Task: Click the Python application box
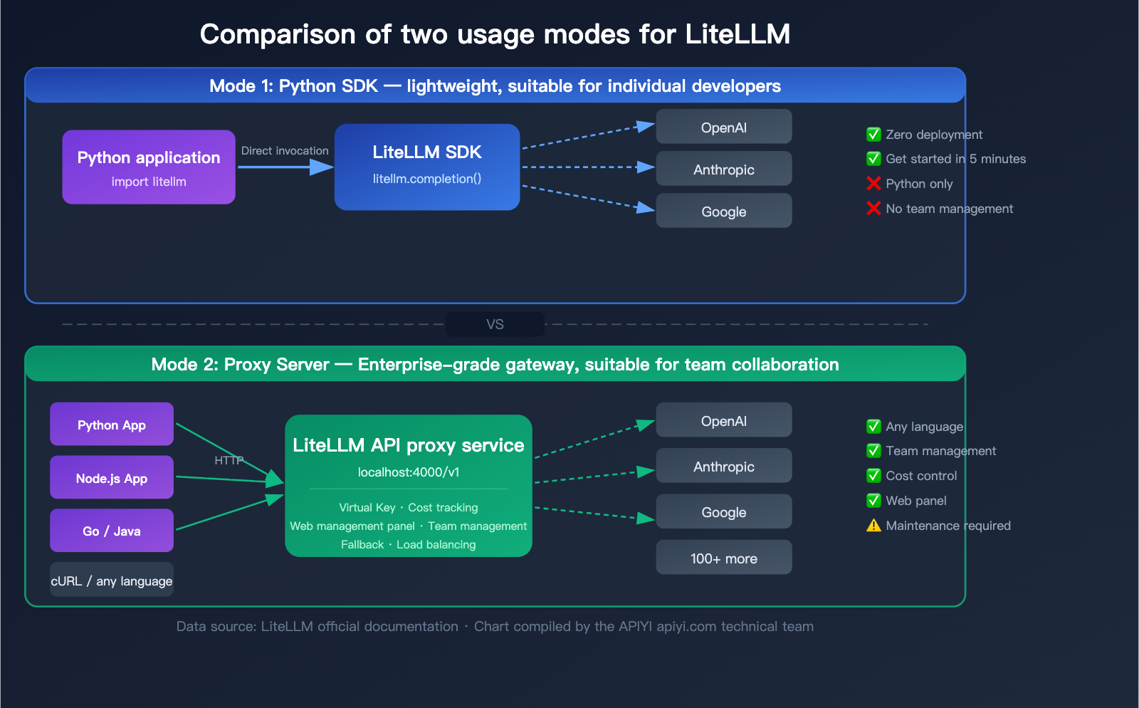[x=149, y=167]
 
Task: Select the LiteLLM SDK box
[x=427, y=167]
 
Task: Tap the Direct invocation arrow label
[x=285, y=151]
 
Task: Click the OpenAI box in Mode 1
[x=723, y=127]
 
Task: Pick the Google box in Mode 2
[x=723, y=511]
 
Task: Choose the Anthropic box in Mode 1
[x=723, y=169]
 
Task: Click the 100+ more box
[x=723, y=558]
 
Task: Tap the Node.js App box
[x=112, y=478]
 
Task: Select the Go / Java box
[x=112, y=531]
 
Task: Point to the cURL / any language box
[x=112, y=581]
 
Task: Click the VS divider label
[x=495, y=324]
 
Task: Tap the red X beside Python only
[x=873, y=184]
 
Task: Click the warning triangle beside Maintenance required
[x=873, y=526]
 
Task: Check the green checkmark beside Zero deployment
[x=873, y=135]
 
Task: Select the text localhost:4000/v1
[x=409, y=472]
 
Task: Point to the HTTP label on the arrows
[x=229, y=461]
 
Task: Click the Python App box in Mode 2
[x=112, y=425]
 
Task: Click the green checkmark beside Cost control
[x=873, y=476]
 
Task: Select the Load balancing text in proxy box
[x=436, y=545]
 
